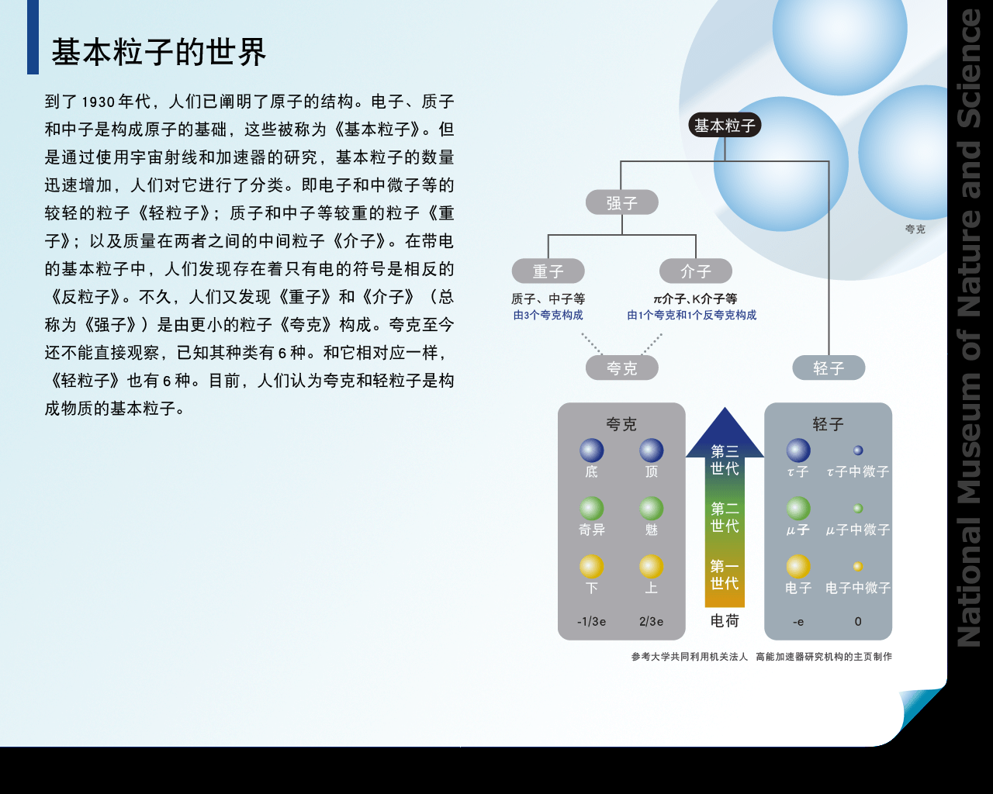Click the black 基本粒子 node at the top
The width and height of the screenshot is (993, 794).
click(725, 125)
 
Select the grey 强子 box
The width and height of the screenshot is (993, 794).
click(621, 202)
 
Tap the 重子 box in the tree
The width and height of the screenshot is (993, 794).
click(548, 271)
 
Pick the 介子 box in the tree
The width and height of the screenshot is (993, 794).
click(695, 271)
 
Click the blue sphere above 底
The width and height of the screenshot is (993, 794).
click(592, 451)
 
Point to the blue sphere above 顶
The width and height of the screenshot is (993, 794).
click(651, 451)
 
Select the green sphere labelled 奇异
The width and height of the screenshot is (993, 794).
click(592, 509)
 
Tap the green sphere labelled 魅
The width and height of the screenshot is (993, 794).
click(651, 509)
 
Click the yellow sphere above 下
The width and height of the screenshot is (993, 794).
click(592, 567)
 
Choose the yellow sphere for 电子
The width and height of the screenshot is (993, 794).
click(798, 567)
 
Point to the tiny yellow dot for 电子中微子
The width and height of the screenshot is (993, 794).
click(858, 567)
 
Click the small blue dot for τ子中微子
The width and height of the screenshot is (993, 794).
click(858, 451)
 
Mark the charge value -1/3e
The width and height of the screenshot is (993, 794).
click(592, 621)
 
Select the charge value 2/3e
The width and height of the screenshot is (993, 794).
click(651, 621)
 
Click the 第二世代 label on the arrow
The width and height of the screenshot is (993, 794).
click(725, 517)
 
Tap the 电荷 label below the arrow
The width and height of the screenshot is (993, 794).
click(725, 621)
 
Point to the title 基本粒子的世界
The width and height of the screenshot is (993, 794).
click(159, 52)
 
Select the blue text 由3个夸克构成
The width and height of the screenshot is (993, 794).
click(548, 315)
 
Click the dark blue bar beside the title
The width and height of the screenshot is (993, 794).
click(33, 37)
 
